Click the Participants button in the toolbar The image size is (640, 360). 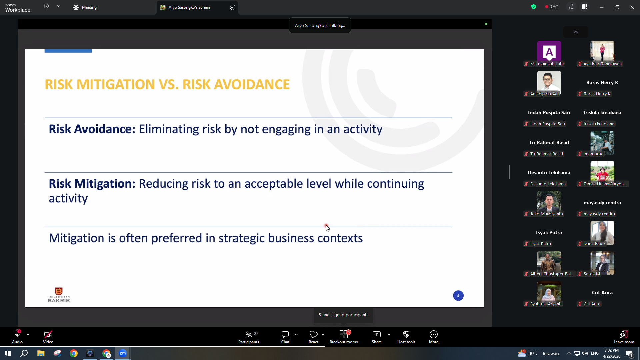click(x=249, y=337)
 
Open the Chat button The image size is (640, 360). click(x=285, y=337)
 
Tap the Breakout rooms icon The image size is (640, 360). click(x=344, y=334)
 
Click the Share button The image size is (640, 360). click(x=377, y=337)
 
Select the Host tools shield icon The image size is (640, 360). click(x=406, y=334)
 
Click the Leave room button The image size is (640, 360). click(x=624, y=337)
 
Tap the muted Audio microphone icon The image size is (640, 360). click(x=17, y=334)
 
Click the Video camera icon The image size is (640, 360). click(x=48, y=334)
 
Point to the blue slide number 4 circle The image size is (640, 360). click(x=458, y=296)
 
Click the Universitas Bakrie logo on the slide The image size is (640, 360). click(x=59, y=295)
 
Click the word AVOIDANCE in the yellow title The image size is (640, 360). click(x=252, y=85)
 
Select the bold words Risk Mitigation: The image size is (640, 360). click(x=92, y=184)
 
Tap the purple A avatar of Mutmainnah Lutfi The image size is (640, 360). click(x=549, y=51)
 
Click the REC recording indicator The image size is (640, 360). click(x=552, y=7)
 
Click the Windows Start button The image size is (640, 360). click(x=8, y=353)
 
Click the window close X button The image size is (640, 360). click(x=632, y=7)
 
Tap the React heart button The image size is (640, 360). click(x=313, y=337)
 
